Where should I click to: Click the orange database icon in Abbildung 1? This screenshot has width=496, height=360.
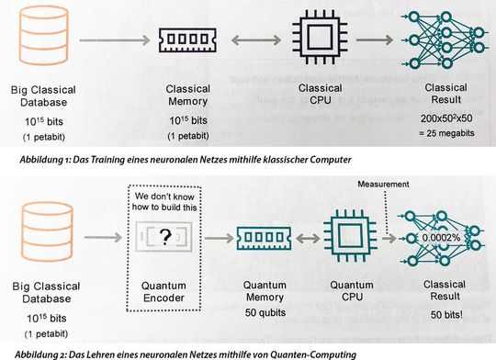tap(42, 38)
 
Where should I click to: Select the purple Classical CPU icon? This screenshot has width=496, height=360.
tap(320, 39)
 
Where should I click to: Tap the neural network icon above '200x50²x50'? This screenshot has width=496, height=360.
tap(436, 39)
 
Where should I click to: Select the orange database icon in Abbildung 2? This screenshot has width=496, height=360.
tap(42, 237)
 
